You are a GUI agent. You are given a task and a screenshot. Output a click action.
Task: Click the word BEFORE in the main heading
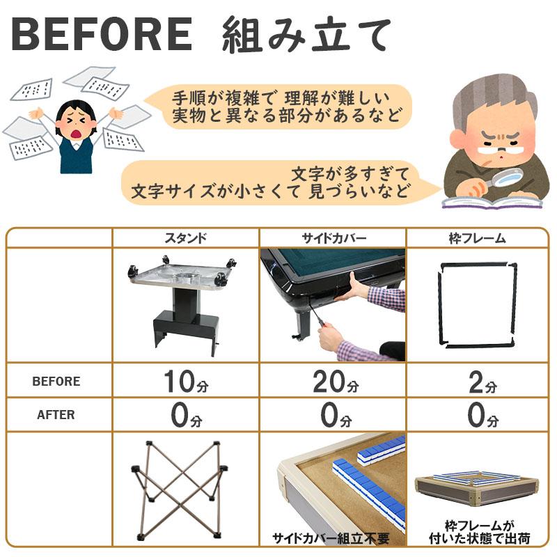pos(102,34)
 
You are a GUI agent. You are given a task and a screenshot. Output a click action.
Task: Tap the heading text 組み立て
pos(306,35)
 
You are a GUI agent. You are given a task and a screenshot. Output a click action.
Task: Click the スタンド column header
pos(185,237)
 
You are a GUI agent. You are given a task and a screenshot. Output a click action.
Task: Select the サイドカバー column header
pos(334,237)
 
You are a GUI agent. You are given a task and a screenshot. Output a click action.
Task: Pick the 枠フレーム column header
pos(477,237)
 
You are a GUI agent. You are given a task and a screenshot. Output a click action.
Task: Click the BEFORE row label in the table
pos(56,381)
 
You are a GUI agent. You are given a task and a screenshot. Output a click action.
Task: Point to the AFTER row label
pos(56,414)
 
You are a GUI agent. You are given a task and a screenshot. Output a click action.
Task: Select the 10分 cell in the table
pos(186,381)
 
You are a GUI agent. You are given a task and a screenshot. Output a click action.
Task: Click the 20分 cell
pos(336,381)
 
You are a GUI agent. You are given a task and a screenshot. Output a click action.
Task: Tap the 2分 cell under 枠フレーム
pos(483,382)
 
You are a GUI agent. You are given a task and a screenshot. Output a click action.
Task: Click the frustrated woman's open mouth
pos(76,134)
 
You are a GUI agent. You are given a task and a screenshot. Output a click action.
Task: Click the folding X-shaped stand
pos(180,489)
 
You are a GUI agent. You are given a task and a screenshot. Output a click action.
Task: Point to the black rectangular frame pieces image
pos(477,305)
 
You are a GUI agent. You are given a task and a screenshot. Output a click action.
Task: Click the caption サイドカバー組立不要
pos(331,538)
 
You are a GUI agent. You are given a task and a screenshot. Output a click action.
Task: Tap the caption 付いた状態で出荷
pos(479,538)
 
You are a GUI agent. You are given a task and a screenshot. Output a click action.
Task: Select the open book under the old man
pos(492,202)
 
